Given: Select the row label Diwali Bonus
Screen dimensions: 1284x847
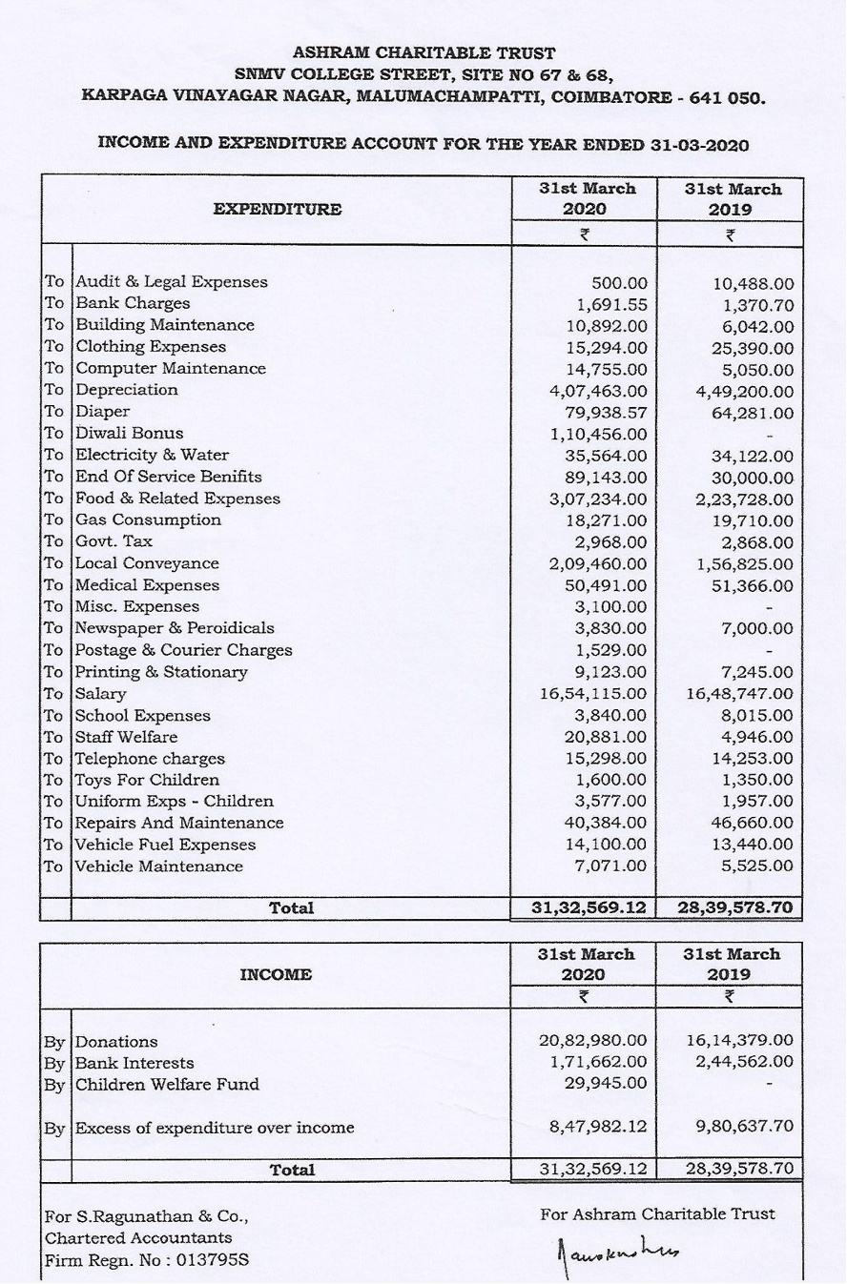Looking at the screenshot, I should [x=129, y=433].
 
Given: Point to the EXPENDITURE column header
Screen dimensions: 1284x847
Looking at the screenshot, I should [x=277, y=209].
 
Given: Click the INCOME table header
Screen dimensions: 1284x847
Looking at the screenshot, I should [x=276, y=974].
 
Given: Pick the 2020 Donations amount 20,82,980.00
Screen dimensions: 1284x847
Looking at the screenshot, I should [x=593, y=1041].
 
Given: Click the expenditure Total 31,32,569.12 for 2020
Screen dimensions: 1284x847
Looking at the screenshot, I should [x=589, y=908].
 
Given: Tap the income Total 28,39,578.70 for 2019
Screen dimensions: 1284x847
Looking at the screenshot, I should [x=735, y=1170].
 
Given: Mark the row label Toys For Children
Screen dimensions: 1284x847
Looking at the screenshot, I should [x=147, y=780].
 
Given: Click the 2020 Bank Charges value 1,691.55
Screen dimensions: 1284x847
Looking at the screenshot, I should [x=611, y=303].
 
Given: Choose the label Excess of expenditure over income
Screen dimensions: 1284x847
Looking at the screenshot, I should [x=215, y=1128].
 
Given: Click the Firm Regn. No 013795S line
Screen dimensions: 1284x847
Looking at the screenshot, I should [x=148, y=1260].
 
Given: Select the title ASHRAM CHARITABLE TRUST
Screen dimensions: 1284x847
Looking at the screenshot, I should [x=423, y=53].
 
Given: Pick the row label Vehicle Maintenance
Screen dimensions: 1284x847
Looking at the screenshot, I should [x=158, y=866].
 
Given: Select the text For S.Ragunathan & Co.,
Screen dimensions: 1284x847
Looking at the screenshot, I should [x=147, y=1216].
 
